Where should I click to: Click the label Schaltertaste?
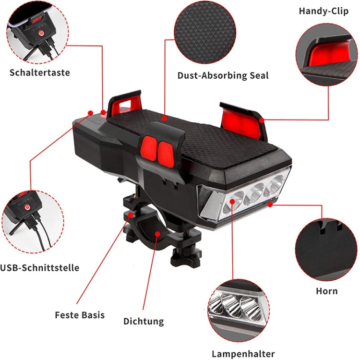tap(40, 72)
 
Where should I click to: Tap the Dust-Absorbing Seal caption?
tap(223, 75)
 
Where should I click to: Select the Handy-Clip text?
tap(324, 11)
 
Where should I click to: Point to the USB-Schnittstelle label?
tap(40, 268)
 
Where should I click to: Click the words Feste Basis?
tap(80, 315)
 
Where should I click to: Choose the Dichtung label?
tap(144, 321)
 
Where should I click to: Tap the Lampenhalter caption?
tap(243, 354)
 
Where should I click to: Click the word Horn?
tap(327, 291)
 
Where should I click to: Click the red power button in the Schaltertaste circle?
tap(41, 34)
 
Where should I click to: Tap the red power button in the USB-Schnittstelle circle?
tap(27, 207)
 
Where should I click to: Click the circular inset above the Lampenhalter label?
tap(239, 311)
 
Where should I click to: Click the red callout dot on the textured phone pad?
tap(164, 118)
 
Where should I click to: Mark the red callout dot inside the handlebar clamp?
tap(157, 234)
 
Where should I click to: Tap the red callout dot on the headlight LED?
tap(232, 202)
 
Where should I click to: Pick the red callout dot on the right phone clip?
tap(262, 120)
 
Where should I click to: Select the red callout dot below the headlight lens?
tap(270, 204)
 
